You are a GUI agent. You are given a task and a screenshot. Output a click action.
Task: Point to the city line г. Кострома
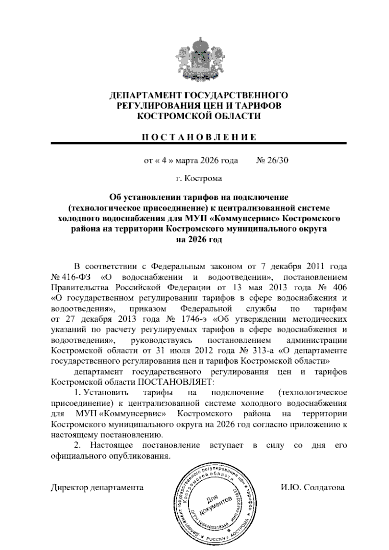point(199,178)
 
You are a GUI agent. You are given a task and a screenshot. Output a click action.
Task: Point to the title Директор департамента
point(97,487)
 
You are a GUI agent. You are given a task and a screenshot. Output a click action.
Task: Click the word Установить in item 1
point(106,393)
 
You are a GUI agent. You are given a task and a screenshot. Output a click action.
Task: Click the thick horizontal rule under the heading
point(198,143)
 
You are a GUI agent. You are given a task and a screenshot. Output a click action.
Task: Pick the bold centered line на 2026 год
point(198,240)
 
